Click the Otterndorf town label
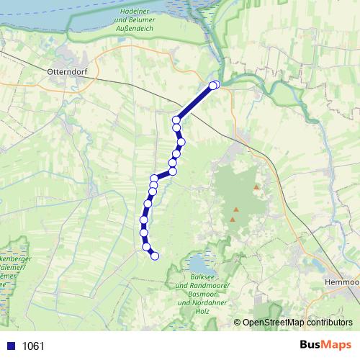coord(66,73)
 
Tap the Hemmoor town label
coord(342,282)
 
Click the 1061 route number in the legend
coord(33,346)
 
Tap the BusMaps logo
coord(325,346)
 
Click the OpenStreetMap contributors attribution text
coord(297,323)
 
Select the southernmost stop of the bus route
coord(153,255)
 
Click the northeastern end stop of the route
coord(215,85)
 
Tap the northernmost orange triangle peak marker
coord(255,188)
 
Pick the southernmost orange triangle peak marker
coord(232,219)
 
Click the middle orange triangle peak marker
coord(235,210)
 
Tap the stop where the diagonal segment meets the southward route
coord(176,120)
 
